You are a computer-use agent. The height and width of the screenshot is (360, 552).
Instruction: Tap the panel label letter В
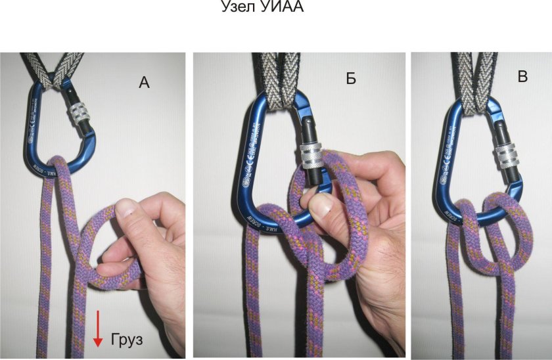coord(522,77)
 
